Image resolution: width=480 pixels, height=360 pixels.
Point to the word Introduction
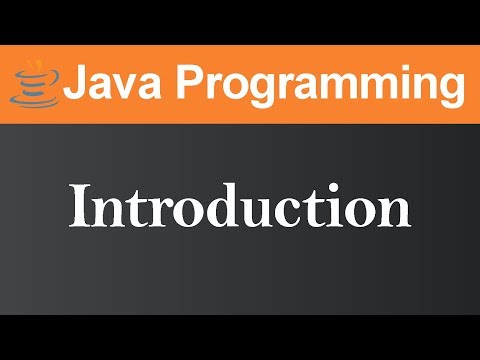(x=240, y=207)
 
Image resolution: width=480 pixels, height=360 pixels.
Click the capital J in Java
(x=76, y=83)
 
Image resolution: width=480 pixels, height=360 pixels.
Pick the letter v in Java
(x=122, y=87)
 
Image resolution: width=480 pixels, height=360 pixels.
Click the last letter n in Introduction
(x=393, y=211)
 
